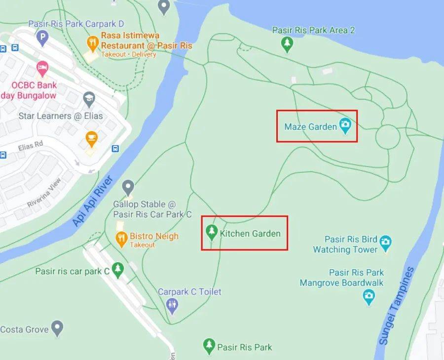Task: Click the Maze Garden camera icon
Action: pyautogui.click(x=345, y=125)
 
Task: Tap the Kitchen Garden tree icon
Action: pyautogui.click(x=212, y=232)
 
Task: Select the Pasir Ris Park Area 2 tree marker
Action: pyautogui.click(x=287, y=45)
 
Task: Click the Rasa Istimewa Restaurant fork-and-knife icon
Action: pyautogui.click(x=92, y=43)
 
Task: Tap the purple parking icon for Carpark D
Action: pyautogui.click(x=43, y=38)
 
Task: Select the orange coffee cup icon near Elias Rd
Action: pyautogui.click(x=91, y=138)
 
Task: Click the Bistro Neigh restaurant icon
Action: pyautogui.click(x=121, y=239)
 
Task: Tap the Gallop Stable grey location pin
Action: pyautogui.click(x=128, y=187)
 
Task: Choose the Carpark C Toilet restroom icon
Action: pyautogui.click(x=172, y=305)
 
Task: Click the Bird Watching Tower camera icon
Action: pyautogui.click(x=386, y=241)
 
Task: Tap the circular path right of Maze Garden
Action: pyautogui.click(x=388, y=137)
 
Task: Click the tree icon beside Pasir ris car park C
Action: pyautogui.click(x=117, y=270)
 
